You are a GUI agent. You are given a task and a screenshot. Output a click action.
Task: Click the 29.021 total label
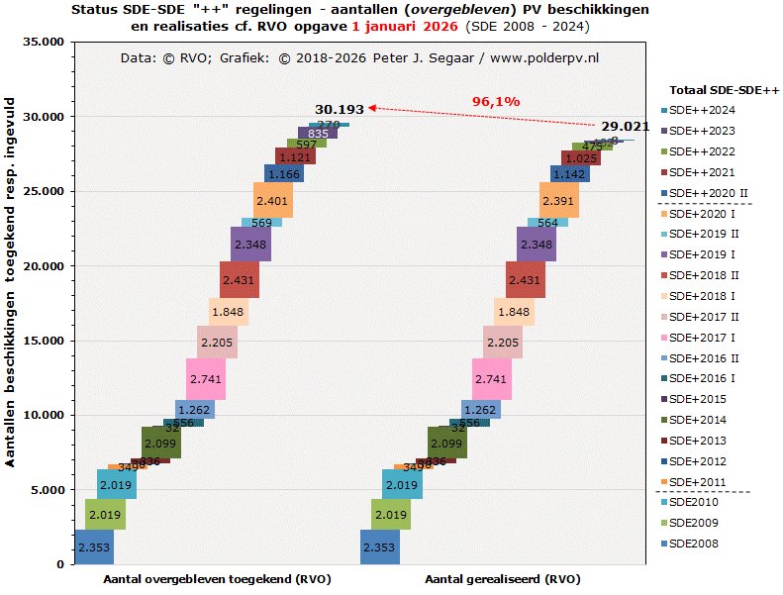coord(625,127)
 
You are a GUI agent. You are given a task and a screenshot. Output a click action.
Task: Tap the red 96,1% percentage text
coord(496,101)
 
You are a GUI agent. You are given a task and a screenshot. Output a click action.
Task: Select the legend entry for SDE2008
coord(693,544)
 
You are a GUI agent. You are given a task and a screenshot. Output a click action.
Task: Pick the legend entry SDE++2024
coord(701,110)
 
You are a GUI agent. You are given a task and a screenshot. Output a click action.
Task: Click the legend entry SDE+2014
coord(698,420)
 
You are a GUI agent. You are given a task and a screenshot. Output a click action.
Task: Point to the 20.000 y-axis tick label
coord(43,266)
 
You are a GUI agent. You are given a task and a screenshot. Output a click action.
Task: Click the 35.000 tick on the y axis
coord(43,43)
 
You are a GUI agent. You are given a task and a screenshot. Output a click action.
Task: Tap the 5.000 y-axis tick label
coord(46,490)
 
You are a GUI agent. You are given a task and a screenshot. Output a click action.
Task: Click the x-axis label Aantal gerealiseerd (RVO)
coord(502,579)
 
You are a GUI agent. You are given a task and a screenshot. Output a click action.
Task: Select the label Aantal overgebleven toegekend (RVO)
coord(217,579)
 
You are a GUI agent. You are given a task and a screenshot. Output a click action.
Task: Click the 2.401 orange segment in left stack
coord(270,201)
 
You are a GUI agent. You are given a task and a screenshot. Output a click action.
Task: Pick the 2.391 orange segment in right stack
coord(559,201)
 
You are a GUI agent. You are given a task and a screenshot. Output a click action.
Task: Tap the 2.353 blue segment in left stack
coord(93,547)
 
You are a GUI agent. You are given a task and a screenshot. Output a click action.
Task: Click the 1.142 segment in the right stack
coord(568,174)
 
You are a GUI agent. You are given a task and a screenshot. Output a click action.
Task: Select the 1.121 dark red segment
coord(295,157)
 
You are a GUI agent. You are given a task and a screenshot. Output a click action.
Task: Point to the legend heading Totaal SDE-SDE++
coord(725,89)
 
